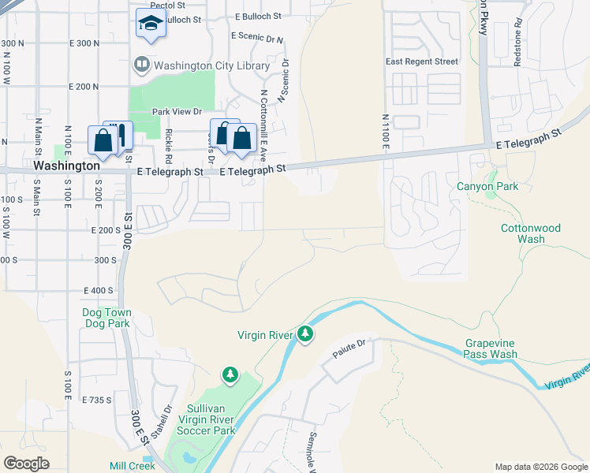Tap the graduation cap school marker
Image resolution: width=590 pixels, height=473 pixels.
(x=150, y=23)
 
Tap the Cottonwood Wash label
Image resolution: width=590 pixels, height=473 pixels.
(x=530, y=233)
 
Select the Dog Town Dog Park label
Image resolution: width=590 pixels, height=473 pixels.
(x=106, y=318)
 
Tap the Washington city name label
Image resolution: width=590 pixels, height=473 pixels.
(x=67, y=167)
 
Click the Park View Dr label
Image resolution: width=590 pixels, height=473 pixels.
(x=177, y=112)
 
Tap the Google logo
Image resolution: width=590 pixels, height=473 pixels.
(x=26, y=464)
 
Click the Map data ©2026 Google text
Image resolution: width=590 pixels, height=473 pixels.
(x=540, y=467)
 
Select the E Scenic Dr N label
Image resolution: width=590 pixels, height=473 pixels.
(x=257, y=36)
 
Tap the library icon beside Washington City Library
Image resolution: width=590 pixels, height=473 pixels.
(x=142, y=64)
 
